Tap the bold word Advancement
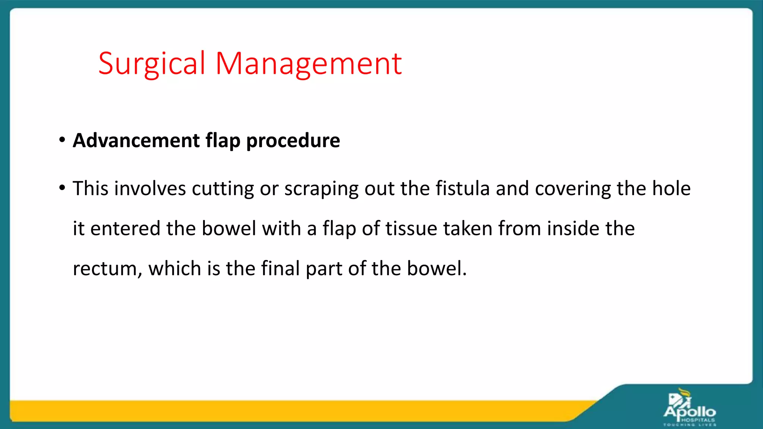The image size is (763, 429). (136, 141)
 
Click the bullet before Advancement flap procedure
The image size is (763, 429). (62, 140)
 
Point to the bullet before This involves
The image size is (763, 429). (62, 188)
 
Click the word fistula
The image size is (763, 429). (462, 188)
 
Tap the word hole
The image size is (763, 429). (671, 188)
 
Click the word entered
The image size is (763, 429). (125, 228)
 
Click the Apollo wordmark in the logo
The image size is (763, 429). (690, 412)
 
